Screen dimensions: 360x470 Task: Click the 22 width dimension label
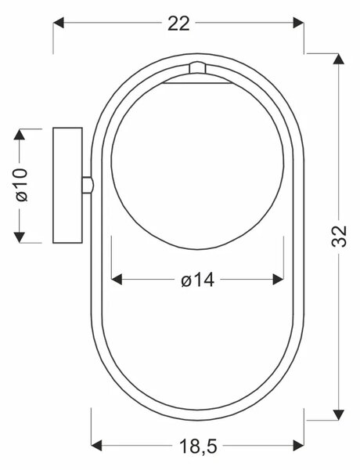click(178, 23)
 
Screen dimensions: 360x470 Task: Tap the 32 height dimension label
click(339, 236)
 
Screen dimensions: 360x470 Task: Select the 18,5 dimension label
click(198, 446)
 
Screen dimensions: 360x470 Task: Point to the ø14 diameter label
click(198, 280)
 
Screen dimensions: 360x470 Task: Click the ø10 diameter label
click(22, 185)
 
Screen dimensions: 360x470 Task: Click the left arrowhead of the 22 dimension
click(59, 23)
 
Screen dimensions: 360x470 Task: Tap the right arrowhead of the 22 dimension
click(299, 23)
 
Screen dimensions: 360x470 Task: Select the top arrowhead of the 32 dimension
click(339, 59)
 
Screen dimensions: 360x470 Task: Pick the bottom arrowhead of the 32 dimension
click(339, 414)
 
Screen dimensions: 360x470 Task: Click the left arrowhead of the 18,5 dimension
click(96, 446)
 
